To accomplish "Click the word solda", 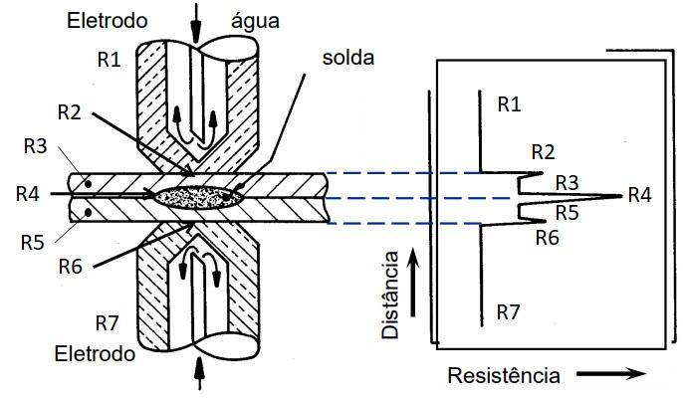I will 348,58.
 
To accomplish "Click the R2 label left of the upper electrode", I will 70,111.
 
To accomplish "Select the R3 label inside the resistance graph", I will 567,182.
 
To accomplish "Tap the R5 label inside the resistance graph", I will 567,211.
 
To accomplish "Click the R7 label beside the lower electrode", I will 108,322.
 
